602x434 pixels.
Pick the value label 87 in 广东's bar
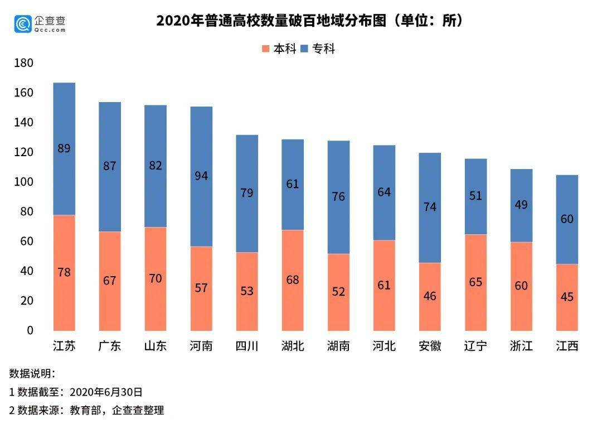tap(110, 166)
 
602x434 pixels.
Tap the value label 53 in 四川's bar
tap(247, 291)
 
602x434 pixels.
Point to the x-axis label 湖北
tap(293, 346)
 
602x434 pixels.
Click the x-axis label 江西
tap(567, 346)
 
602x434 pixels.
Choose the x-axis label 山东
tap(156, 346)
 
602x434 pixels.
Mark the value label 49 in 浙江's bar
tap(521, 205)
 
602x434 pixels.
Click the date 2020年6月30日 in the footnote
tap(106, 392)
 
